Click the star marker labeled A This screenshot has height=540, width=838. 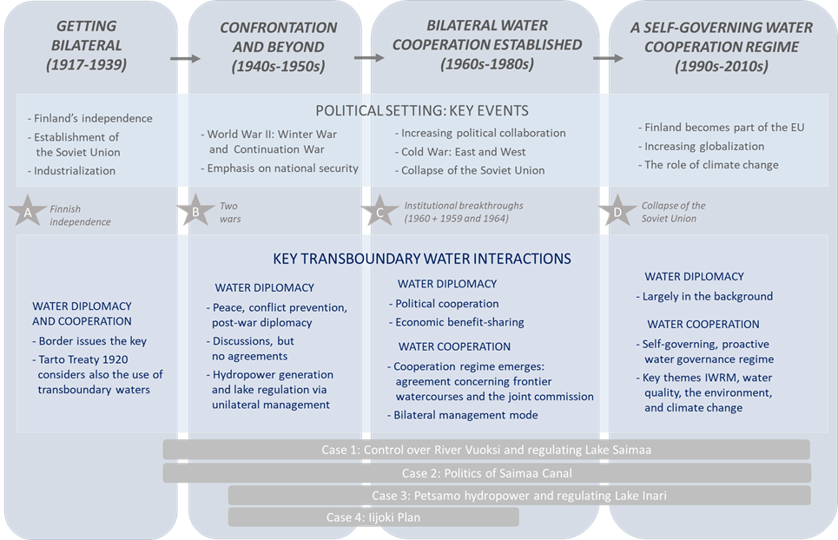pyautogui.click(x=27, y=212)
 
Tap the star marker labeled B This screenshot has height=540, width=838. pyautogui.click(x=195, y=212)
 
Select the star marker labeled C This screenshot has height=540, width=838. pyautogui.click(x=379, y=212)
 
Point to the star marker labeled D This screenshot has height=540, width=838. pyautogui.click(x=617, y=212)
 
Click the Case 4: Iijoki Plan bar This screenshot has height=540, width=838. pyautogui.click(x=373, y=517)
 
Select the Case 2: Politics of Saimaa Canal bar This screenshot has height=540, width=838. pyautogui.click(x=487, y=472)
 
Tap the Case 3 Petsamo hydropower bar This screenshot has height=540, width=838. pyautogui.click(x=519, y=495)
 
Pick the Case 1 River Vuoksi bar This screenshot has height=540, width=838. pyautogui.click(x=486, y=450)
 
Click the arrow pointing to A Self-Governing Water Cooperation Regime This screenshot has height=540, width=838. pyautogui.click(x=608, y=57)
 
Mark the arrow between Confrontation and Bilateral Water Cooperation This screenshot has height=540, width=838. pyautogui.click(x=369, y=57)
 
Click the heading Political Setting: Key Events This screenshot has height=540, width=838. pyautogui.click(x=422, y=110)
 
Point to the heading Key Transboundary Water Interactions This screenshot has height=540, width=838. pyautogui.click(x=422, y=259)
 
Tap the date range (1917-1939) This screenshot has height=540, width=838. pyautogui.click(x=87, y=64)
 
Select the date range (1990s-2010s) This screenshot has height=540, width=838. pyautogui.click(x=722, y=66)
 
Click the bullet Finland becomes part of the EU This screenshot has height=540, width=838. pyautogui.click(x=721, y=127)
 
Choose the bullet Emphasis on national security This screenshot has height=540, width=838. pyautogui.click(x=280, y=168)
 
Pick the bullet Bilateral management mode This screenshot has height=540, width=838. pyautogui.click(x=462, y=415)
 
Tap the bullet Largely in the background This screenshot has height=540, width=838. pyautogui.click(x=704, y=296)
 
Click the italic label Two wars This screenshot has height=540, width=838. pyautogui.click(x=230, y=212)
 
